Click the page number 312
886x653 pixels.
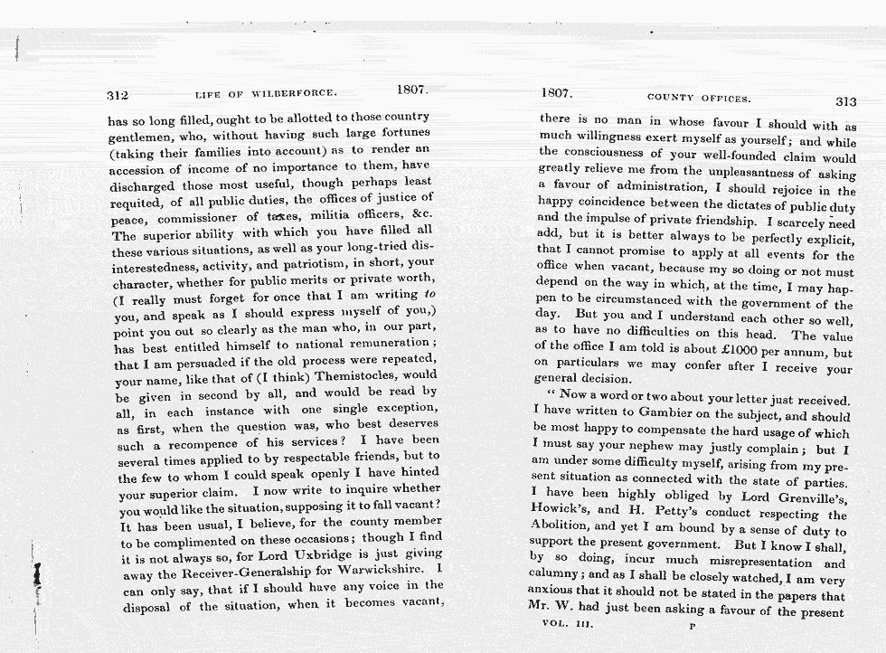[118, 94]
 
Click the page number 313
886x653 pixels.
[845, 101]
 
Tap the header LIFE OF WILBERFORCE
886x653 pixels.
[267, 93]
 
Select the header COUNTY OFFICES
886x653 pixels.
[699, 98]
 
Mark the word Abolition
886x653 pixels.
[567, 531]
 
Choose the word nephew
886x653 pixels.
[643, 448]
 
